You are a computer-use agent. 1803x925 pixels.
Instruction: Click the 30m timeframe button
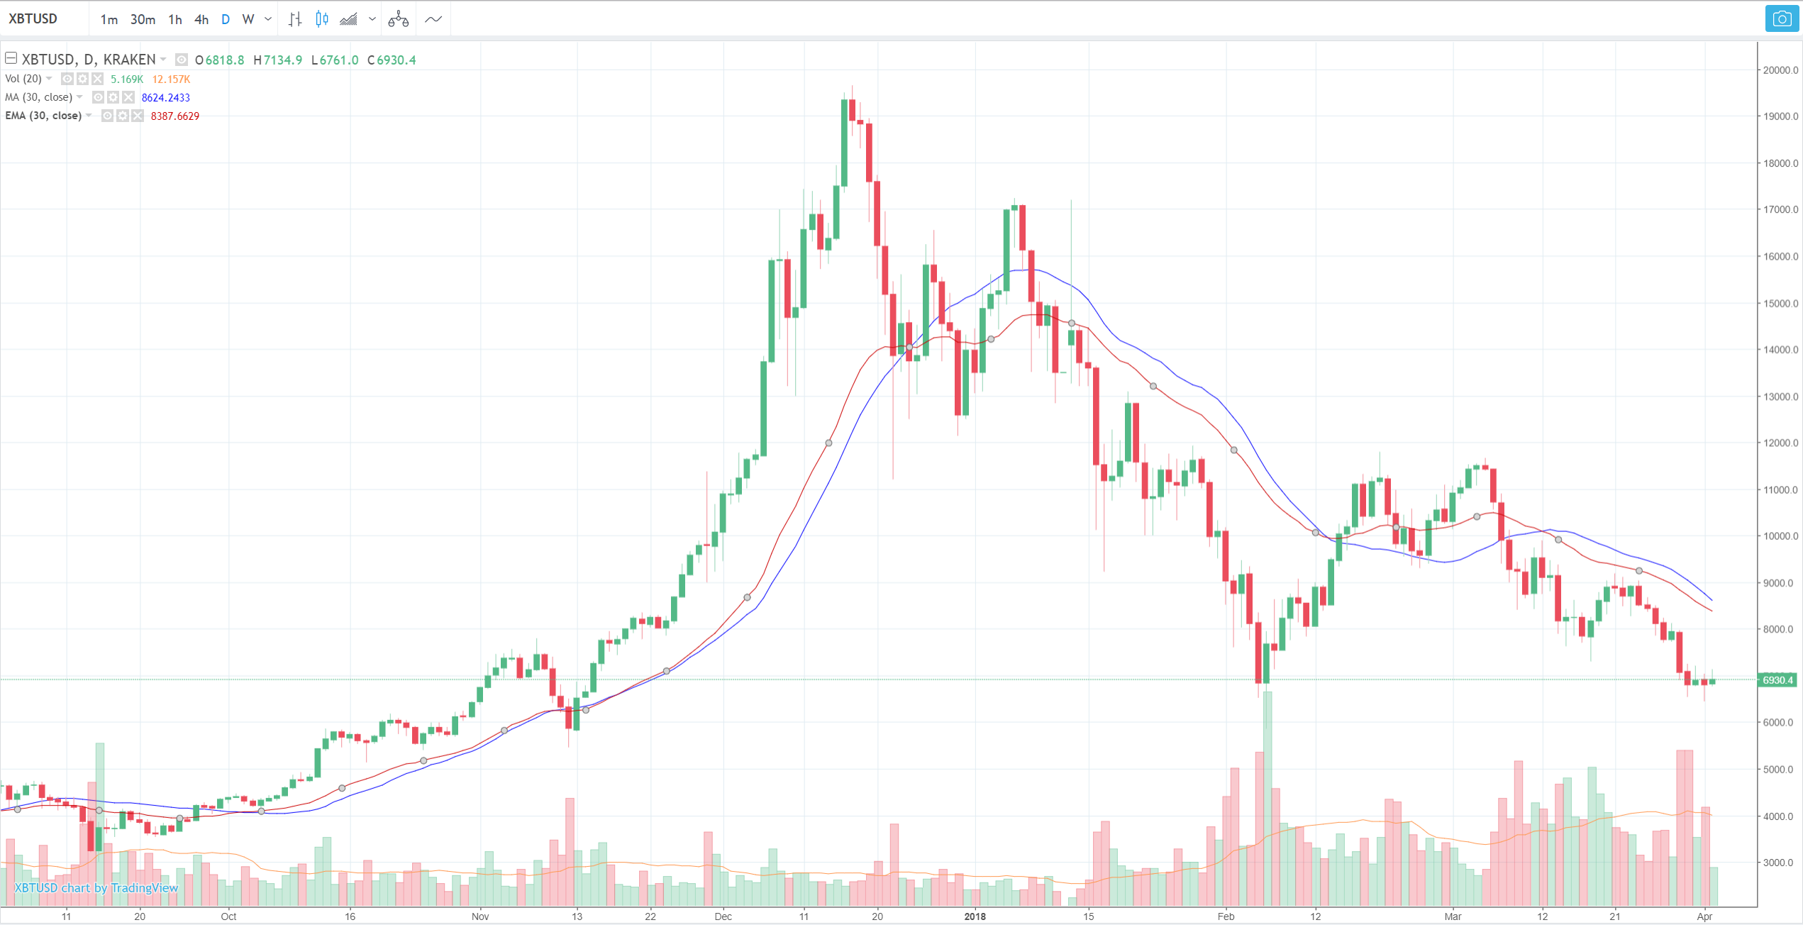(x=143, y=20)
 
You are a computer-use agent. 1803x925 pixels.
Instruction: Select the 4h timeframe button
(x=201, y=20)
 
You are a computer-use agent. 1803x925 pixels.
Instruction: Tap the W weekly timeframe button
(x=248, y=20)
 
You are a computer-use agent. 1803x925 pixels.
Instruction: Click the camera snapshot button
(x=1781, y=19)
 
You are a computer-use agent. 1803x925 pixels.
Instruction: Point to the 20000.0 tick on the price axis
(x=1780, y=70)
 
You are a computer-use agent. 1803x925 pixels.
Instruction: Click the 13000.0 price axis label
(x=1780, y=397)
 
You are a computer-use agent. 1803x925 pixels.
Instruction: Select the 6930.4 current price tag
(x=1778, y=680)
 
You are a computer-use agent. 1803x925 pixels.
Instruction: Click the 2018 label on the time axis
(x=975, y=916)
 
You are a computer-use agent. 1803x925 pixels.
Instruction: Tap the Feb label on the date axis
(x=1226, y=916)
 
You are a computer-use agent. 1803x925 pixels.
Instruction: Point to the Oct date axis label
(x=228, y=916)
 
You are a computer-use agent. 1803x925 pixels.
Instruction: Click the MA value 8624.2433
(x=165, y=98)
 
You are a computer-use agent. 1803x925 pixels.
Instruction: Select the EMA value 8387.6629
(x=174, y=116)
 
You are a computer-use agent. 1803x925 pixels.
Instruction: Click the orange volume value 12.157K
(x=171, y=79)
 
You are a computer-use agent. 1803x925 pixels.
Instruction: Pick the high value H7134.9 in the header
(x=278, y=60)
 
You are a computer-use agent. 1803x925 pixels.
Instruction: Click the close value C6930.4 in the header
(x=392, y=60)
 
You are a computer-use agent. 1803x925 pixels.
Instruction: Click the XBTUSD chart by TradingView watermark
(x=96, y=888)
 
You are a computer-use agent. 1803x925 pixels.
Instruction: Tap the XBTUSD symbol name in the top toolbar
(x=33, y=19)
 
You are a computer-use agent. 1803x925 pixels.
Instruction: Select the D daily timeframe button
(x=226, y=20)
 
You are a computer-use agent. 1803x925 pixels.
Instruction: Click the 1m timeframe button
(x=109, y=20)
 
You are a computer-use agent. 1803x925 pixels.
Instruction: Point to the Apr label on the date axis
(x=1704, y=916)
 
